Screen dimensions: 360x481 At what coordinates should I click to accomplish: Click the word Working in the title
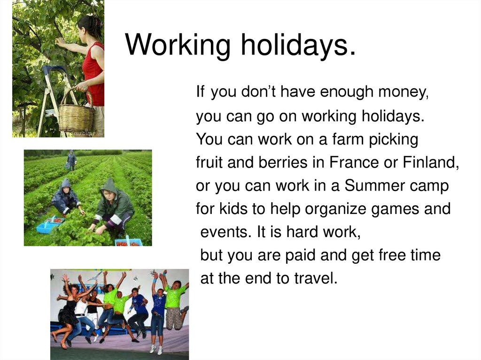tap(178, 45)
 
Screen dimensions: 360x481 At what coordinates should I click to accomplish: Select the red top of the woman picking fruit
tap(94, 75)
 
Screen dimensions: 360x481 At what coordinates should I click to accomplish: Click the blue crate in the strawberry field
tap(47, 228)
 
